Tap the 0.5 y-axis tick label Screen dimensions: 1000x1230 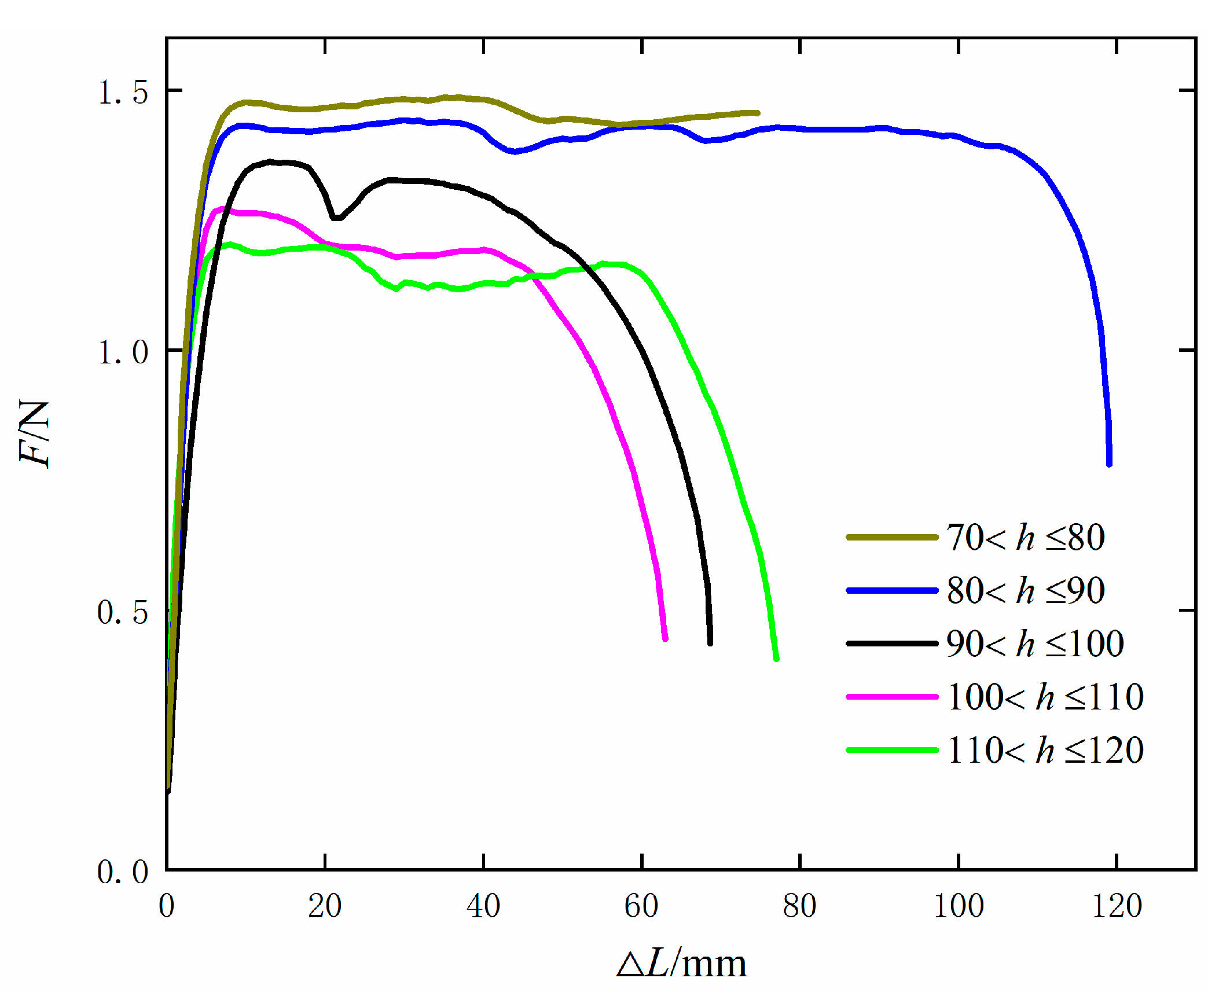point(123,612)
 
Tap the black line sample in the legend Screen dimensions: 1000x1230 point(892,644)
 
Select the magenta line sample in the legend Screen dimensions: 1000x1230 point(892,697)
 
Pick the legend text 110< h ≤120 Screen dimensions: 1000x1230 point(1045,751)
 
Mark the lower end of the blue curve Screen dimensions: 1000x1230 point(1109,463)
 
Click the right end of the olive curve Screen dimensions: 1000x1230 point(757,113)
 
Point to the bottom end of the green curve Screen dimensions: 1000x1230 point(776,658)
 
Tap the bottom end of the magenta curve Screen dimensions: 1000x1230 point(665,638)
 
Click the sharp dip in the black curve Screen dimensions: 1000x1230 point(336,218)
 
